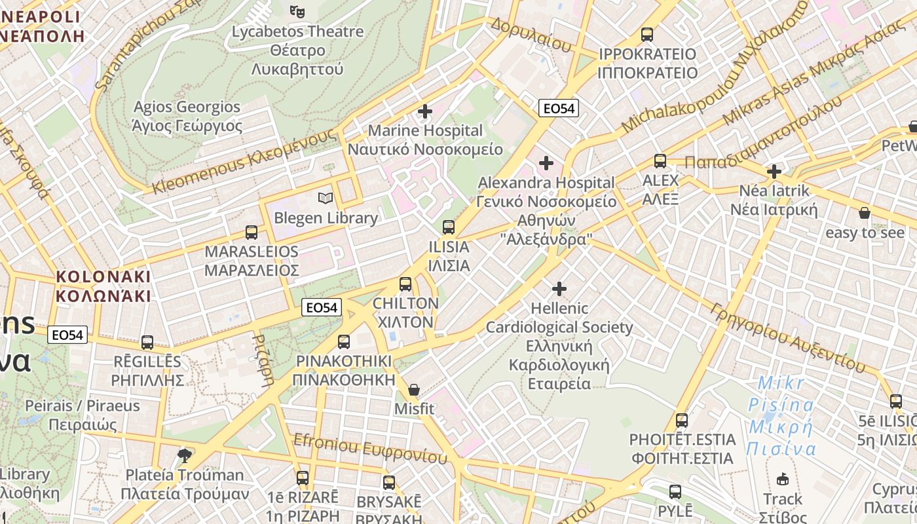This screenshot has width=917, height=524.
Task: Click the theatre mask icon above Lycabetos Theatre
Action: [297, 11]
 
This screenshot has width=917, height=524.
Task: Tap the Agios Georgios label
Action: [187, 116]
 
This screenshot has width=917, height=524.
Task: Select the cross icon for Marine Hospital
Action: [425, 111]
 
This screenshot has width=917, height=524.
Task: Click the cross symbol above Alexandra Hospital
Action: [546, 162]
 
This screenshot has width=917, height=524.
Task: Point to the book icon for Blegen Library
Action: [326, 198]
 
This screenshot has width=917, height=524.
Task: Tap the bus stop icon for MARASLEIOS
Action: [252, 232]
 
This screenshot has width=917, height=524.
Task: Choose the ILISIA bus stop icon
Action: [449, 227]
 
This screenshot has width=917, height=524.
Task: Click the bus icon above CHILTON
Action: [405, 284]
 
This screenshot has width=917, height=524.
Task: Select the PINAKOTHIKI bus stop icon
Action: [344, 341]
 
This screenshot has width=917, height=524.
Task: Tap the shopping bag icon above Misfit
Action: [414, 390]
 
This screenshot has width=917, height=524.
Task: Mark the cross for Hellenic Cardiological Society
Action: [559, 288]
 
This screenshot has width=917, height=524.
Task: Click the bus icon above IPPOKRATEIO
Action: [647, 34]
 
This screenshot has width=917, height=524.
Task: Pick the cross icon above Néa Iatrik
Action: [774, 172]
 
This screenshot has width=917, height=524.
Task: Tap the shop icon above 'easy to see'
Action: [865, 213]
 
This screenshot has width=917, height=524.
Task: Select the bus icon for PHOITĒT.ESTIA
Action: [682, 420]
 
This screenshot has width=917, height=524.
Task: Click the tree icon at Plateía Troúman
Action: [185, 455]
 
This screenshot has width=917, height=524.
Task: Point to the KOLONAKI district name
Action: [103, 286]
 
